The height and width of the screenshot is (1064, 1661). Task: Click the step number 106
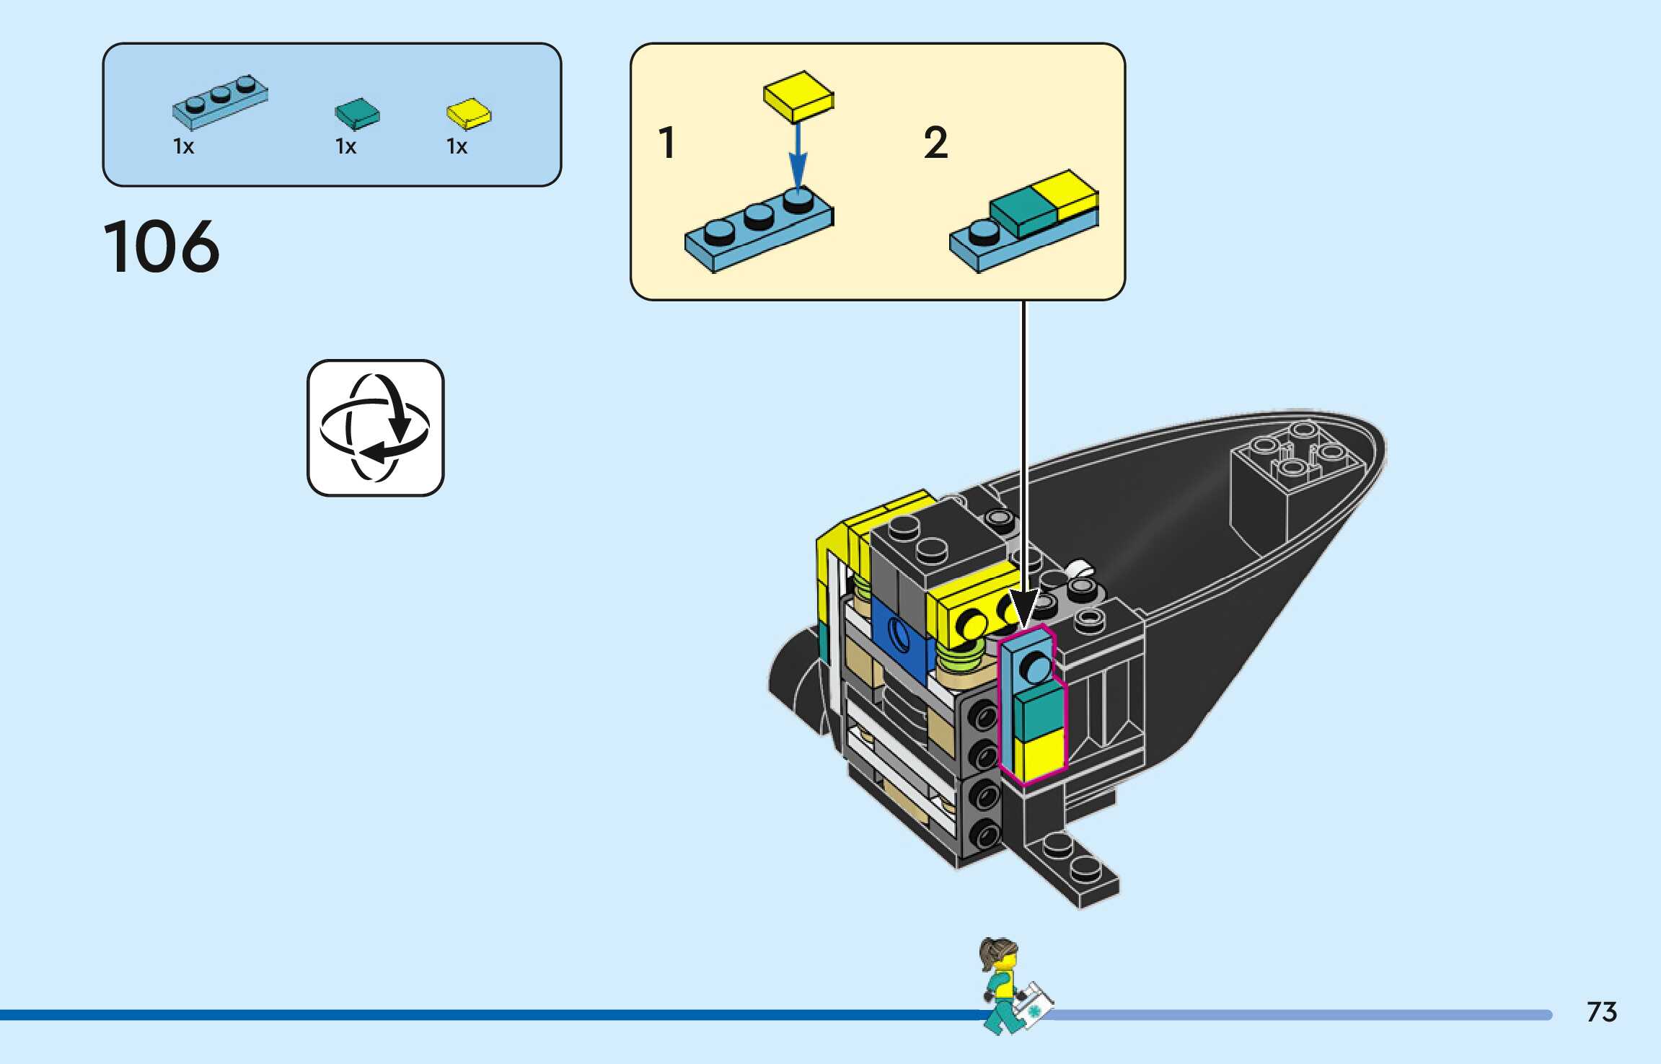pos(161,247)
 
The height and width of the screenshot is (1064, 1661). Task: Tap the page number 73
pos(1601,1012)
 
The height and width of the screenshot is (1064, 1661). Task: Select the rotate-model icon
pos(375,427)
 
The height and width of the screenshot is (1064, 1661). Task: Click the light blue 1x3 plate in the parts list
pos(219,102)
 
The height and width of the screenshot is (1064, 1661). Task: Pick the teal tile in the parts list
pos(357,113)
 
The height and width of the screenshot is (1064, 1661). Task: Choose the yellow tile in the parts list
pos(468,113)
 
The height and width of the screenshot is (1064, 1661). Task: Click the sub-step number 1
pos(667,143)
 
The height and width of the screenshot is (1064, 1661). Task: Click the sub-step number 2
pos(935,143)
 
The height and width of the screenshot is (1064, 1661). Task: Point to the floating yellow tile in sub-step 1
pos(798,96)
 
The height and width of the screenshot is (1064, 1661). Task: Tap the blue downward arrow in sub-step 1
pos(797,155)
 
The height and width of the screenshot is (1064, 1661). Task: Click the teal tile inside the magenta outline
pos(1039,711)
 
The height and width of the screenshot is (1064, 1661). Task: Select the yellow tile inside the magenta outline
pos(1039,757)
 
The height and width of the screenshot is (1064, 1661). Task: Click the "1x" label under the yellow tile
pos(457,147)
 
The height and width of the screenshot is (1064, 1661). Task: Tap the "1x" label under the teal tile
pos(346,147)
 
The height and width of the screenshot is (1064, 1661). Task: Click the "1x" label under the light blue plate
pos(184,147)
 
